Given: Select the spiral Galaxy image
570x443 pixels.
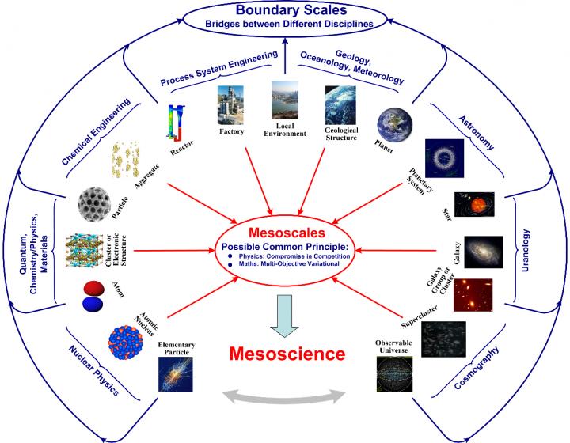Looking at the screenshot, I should click(482, 253).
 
